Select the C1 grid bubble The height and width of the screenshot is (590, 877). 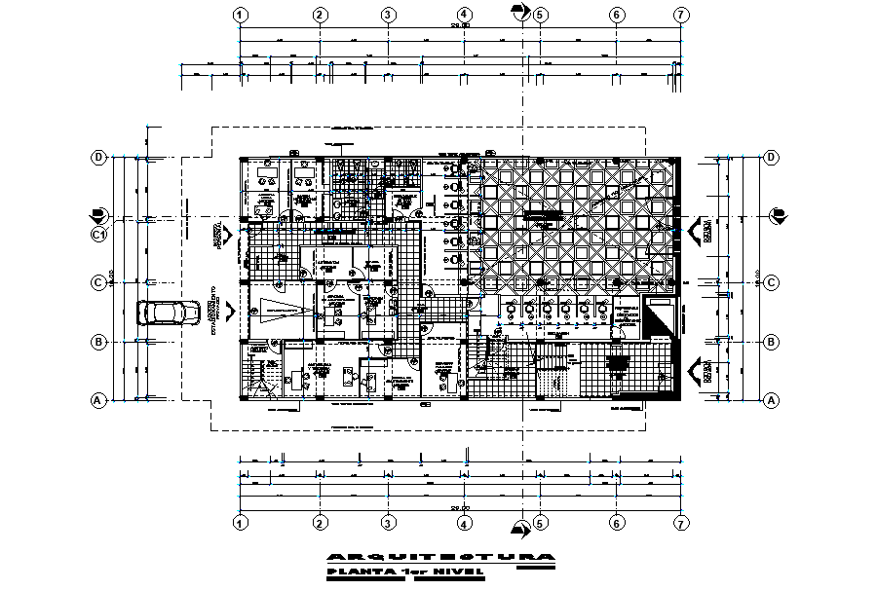(x=98, y=235)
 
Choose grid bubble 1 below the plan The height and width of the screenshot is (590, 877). (x=240, y=523)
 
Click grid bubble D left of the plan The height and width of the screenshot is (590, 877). (x=98, y=157)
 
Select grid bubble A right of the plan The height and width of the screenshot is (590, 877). (x=771, y=399)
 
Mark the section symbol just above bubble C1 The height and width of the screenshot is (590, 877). (x=97, y=215)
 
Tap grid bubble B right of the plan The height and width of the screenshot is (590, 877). (x=771, y=342)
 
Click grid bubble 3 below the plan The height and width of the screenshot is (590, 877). (x=387, y=523)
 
